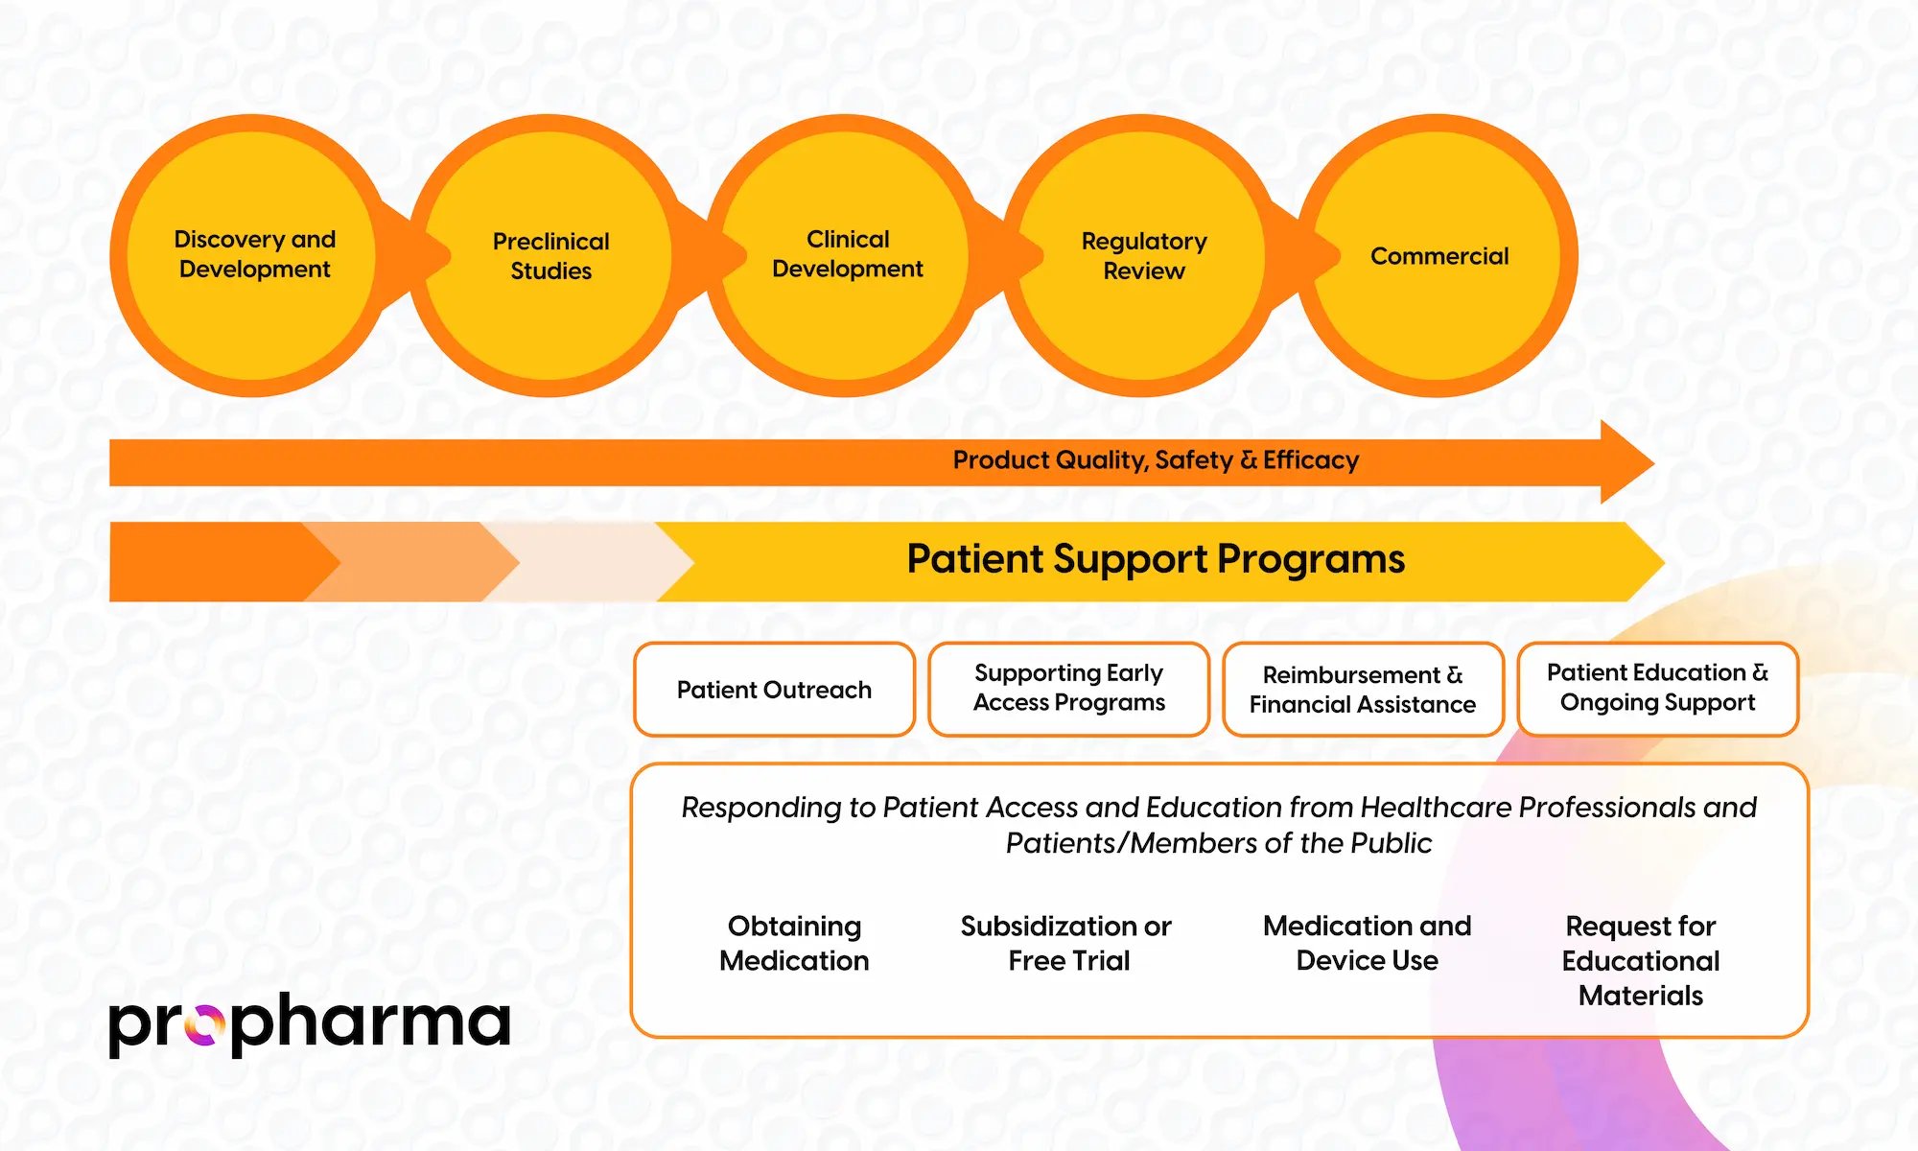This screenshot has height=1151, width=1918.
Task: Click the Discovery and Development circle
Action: [254, 255]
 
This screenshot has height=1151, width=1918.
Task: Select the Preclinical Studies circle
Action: [550, 255]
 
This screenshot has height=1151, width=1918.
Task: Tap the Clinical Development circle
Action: [847, 255]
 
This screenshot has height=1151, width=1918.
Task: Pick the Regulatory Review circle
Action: [1143, 255]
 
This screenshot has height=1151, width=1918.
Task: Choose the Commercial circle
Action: [1438, 255]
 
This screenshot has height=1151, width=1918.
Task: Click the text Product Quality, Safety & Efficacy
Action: [1156, 460]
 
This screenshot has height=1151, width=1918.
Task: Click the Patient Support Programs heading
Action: [1156, 559]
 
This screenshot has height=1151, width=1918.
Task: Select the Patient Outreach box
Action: [774, 690]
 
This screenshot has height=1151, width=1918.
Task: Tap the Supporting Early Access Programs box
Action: [1068, 689]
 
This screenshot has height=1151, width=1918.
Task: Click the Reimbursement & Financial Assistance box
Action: [1363, 690]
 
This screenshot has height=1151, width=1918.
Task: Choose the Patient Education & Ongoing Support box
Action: [1657, 689]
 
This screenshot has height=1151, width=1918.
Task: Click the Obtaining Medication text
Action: [794, 943]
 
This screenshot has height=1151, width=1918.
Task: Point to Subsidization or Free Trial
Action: [1067, 943]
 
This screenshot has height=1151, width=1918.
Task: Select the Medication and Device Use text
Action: [1367, 943]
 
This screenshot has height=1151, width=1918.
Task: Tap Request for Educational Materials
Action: [1641, 960]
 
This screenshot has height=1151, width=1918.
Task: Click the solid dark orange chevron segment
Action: [211, 562]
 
